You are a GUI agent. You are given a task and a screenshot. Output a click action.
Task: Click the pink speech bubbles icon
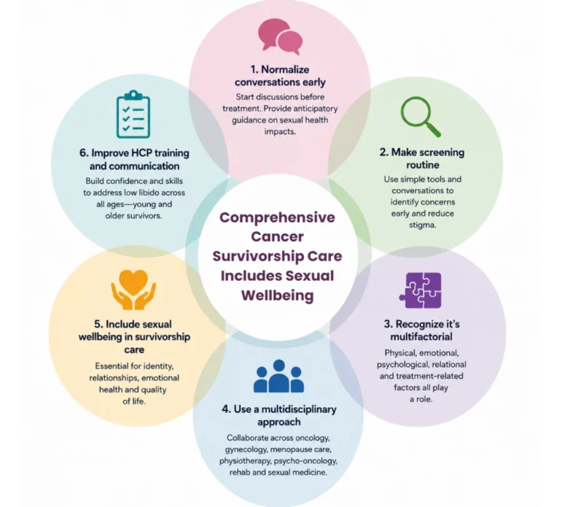click(x=280, y=36)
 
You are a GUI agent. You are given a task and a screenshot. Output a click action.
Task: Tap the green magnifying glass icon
click(x=420, y=116)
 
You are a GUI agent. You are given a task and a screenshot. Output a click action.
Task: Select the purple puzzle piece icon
click(x=420, y=290)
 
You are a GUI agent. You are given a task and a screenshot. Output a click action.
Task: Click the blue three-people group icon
click(x=278, y=376)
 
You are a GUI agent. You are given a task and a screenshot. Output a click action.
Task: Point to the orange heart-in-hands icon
click(x=133, y=290)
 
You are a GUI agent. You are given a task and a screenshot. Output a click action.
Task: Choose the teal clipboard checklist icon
click(x=133, y=114)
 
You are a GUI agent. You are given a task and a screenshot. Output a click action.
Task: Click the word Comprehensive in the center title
click(x=277, y=217)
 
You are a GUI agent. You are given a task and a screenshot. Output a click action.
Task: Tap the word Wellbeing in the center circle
click(x=278, y=295)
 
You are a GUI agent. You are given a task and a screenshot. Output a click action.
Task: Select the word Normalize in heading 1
click(x=285, y=69)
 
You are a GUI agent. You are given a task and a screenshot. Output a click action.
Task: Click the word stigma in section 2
click(x=422, y=225)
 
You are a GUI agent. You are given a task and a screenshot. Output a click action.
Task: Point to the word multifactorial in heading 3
click(x=421, y=336)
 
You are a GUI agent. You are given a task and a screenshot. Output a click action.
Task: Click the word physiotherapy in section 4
click(x=245, y=461)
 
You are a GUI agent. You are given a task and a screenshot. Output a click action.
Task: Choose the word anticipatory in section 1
click(x=316, y=109)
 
